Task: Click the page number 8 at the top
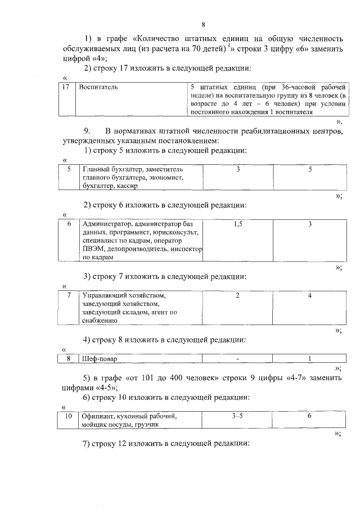pyautogui.click(x=203, y=24)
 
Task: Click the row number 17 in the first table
pyautogui.click(x=66, y=88)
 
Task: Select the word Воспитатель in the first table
pyautogui.click(x=98, y=88)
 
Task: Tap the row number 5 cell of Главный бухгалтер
pyautogui.click(x=69, y=169)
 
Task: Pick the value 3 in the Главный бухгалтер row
pyautogui.click(x=237, y=169)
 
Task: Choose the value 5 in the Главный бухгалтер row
pyautogui.click(x=310, y=169)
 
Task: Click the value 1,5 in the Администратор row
pyautogui.click(x=237, y=224)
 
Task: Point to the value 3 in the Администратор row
pyautogui.click(x=310, y=224)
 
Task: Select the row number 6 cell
pyautogui.click(x=69, y=224)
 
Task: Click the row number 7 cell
pyautogui.click(x=69, y=295)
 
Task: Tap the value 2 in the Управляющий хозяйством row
pyautogui.click(x=237, y=295)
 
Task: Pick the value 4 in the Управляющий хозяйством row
pyautogui.click(x=310, y=295)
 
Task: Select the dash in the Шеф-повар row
pyautogui.click(x=237, y=359)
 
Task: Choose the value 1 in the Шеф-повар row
pyautogui.click(x=310, y=359)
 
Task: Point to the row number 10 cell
pyautogui.click(x=69, y=416)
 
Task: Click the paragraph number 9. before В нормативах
pyautogui.click(x=87, y=132)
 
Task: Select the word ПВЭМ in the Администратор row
pyautogui.click(x=93, y=249)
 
